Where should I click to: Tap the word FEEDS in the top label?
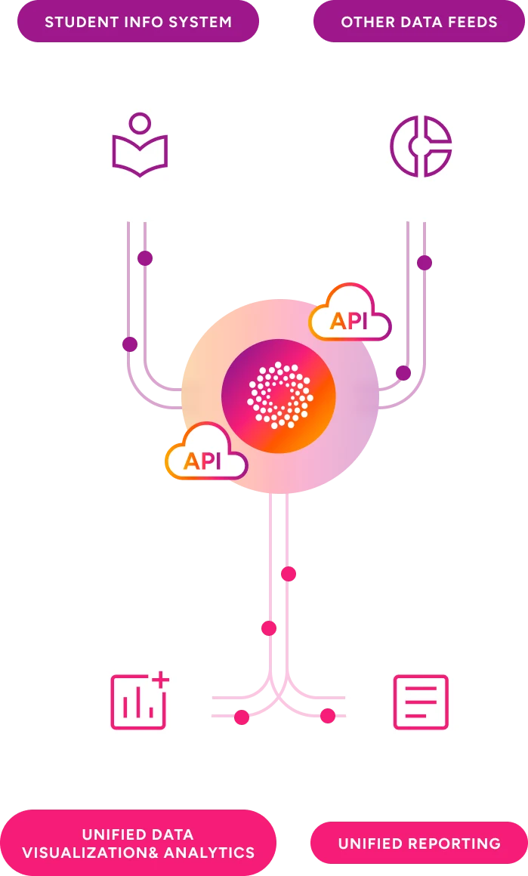(471, 22)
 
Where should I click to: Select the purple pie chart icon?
(421, 146)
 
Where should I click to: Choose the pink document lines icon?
(421, 702)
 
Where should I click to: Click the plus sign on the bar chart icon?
(160, 680)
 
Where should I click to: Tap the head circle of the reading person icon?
(140, 123)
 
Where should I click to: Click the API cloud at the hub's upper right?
(349, 313)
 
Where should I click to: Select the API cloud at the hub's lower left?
(205, 453)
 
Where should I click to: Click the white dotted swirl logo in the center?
(279, 395)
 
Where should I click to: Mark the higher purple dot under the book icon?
(145, 258)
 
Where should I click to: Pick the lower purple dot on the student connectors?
(130, 344)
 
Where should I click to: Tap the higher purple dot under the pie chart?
(425, 263)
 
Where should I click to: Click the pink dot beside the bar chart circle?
(241, 717)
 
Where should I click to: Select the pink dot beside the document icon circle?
(327, 715)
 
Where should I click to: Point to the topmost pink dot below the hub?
(288, 574)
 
